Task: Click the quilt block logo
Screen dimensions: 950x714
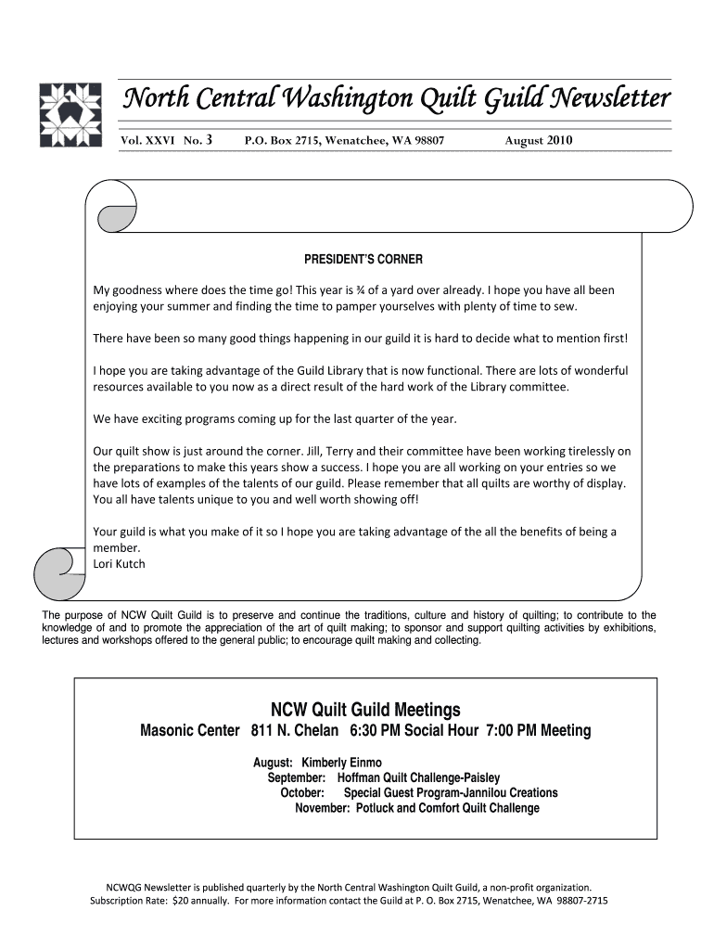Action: (x=70, y=115)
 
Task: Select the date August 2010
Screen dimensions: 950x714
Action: (x=539, y=141)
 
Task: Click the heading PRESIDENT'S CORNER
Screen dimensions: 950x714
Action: (x=363, y=259)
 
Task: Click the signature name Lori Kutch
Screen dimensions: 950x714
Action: (x=120, y=563)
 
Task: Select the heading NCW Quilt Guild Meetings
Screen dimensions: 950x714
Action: (x=364, y=710)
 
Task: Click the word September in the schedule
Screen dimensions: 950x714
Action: (x=297, y=777)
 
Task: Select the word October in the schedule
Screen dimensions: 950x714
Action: (x=302, y=793)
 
